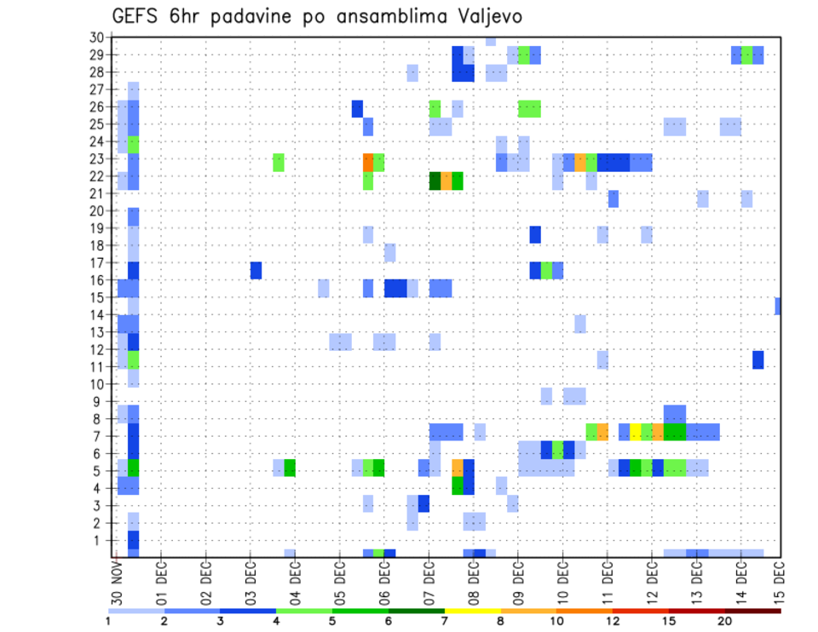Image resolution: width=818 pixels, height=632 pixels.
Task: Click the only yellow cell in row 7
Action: tap(636, 432)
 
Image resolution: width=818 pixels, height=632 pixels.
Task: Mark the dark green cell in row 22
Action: tap(435, 181)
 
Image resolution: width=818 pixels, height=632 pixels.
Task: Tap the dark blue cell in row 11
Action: tap(758, 359)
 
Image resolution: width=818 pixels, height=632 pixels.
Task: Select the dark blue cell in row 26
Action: tap(357, 108)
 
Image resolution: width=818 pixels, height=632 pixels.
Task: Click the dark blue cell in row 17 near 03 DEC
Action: tap(256, 270)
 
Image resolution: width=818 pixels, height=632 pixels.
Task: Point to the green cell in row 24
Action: tap(134, 144)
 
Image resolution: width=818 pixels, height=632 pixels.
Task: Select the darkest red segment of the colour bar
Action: tap(752, 610)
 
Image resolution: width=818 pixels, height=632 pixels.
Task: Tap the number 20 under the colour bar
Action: tap(725, 622)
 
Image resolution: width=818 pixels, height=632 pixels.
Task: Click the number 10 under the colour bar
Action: tap(556, 622)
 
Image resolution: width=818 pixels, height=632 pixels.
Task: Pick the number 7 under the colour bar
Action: tap(445, 622)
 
